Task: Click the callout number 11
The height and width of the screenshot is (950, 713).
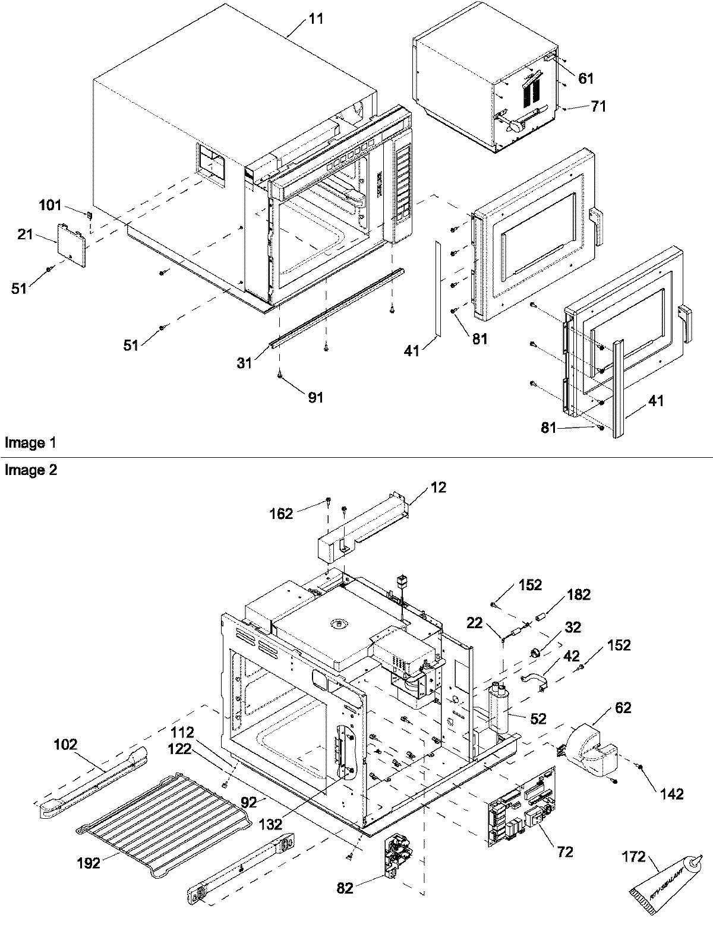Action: [316, 18]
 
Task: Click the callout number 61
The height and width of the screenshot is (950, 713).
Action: [585, 78]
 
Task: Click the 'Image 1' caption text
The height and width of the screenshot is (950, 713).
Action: [25, 443]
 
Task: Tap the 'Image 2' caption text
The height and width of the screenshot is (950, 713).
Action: [25, 470]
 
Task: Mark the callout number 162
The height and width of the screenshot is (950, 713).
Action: [281, 514]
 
